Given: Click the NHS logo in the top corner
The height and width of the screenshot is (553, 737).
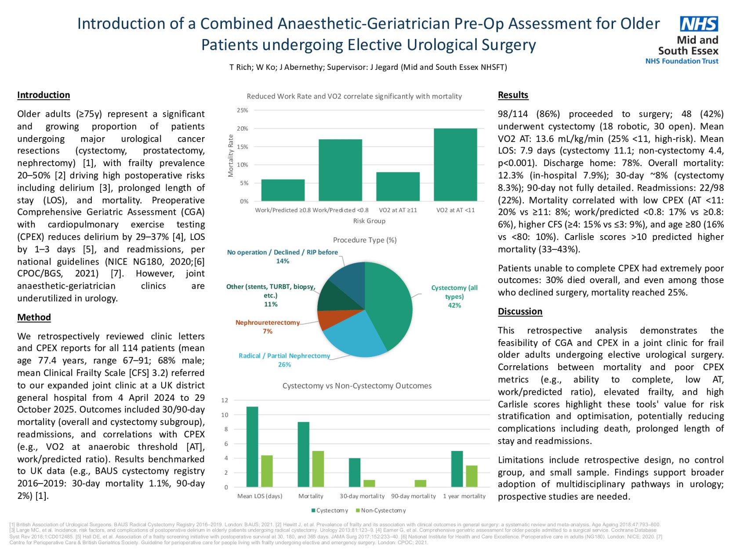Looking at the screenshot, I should [x=698, y=24].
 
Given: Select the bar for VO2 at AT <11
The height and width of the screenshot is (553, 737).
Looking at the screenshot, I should [x=455, y=165].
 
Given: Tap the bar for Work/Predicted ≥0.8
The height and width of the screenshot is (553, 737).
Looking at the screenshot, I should [x=283, y=190].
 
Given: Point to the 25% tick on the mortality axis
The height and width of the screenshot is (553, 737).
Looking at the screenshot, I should [x=243, y=110].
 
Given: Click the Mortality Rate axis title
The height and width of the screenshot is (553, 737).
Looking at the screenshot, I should [x=231, y=156].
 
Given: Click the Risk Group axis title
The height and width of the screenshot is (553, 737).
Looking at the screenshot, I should [x=369, y=221].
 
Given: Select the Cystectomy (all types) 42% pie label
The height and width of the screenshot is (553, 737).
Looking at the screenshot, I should [x=454, y=296].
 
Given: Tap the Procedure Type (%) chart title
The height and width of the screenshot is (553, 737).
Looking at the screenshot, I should [x=364, y=240].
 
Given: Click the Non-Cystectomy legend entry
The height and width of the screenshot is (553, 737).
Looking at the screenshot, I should [x=381, y=510].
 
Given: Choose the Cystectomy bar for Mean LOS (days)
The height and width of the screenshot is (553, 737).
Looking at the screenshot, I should [x=252, y=447].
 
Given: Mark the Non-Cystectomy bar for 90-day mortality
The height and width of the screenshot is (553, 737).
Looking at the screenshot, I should [x=420, y=483].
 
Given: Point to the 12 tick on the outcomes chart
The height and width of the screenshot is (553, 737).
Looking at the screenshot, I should [x=225, y=400].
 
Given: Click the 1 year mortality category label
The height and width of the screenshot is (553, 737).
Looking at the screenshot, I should [x=464, y=496].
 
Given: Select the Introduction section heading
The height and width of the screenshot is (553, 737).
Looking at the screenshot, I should [x=44, y=95].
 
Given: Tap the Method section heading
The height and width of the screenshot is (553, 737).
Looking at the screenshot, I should [x=34, y=317].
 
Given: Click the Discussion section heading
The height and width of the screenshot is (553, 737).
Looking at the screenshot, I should [x=520, y=311].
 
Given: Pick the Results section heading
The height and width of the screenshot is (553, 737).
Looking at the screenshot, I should [x=513, y=95].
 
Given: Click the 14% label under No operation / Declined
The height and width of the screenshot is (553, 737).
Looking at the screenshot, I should [x=282, y=261].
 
